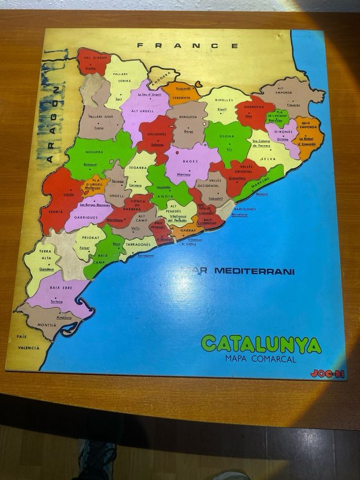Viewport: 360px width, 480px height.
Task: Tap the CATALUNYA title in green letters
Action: click(x=261, y=344)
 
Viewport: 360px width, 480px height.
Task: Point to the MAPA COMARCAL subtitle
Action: click(x=260, y=358)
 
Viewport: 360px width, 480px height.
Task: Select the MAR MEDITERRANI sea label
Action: click(x=240, y=271)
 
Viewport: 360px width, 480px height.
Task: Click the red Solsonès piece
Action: click(x=157, y=135)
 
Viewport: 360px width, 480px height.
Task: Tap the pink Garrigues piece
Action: click(x=87, y=213)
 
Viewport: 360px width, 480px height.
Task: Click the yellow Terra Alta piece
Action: click(x=45, y=259)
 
